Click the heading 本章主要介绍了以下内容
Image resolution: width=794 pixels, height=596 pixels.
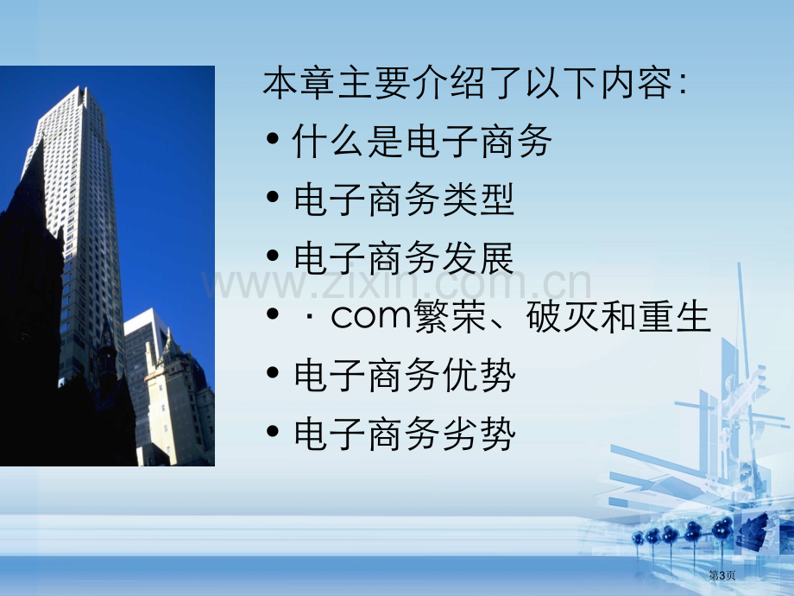467,83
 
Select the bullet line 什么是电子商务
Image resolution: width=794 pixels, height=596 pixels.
422,142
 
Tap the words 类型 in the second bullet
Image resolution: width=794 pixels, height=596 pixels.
478,200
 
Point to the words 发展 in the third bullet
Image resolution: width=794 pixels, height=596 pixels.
478,258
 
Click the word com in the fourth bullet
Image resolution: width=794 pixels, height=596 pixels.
370,316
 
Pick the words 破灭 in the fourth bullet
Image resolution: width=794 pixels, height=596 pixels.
563,316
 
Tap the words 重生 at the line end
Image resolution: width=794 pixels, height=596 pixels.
675,316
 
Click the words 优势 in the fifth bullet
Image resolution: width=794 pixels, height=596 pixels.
479,375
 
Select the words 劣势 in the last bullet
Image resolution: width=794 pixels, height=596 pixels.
479,434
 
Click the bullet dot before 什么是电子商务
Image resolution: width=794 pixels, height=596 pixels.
273,138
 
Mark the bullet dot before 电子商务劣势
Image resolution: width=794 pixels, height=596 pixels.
273,431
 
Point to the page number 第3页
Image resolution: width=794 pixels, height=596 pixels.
722,575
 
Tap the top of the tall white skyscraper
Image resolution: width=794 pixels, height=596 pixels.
81,89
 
